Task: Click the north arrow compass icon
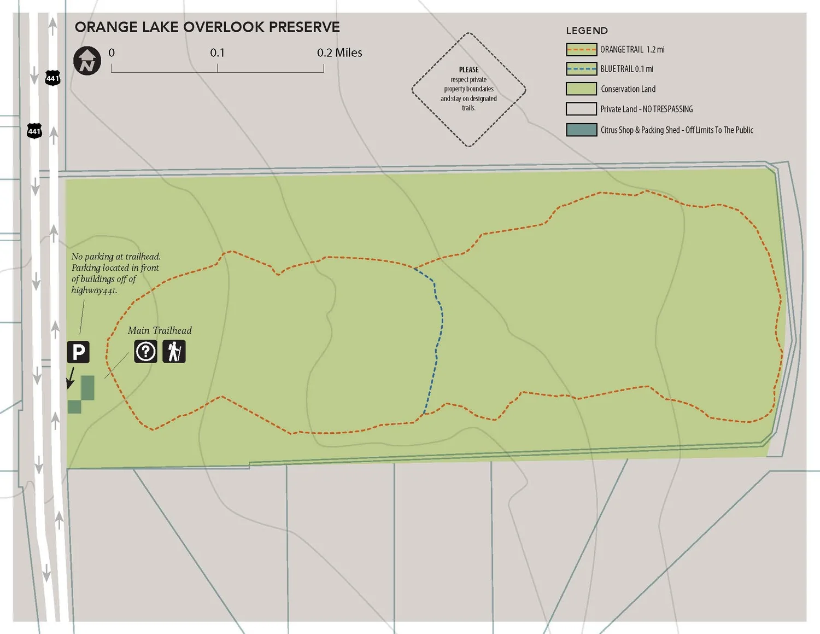[87, 60]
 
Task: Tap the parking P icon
[78, 352]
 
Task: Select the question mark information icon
[146, 351]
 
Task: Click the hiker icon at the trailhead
[174, 351]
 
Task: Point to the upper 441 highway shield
[52, 78]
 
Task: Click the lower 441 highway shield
[34, 131]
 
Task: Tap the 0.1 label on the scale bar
[217, 53]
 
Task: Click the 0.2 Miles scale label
[339, 53]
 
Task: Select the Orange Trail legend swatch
[581, 49]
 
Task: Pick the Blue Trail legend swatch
[581, 69]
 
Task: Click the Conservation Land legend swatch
[581, 89]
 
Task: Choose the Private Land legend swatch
[581, 109]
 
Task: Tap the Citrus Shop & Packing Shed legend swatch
[581, 130]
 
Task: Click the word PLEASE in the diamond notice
[468, 69]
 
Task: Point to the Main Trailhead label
[160, 330]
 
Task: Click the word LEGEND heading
[587, 31]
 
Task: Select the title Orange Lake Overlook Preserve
[207, 27]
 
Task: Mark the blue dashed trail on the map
[438, 339]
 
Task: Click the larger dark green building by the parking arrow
[87, 387]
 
